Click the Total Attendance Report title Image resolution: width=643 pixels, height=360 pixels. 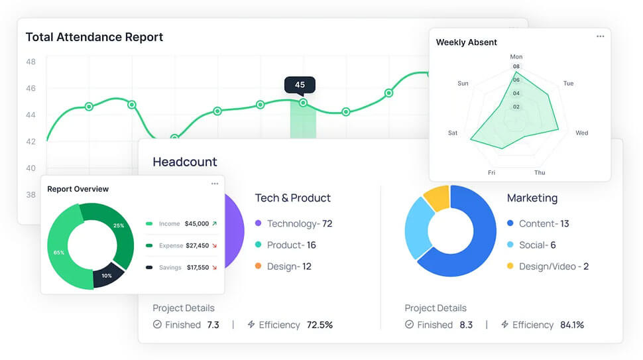94,37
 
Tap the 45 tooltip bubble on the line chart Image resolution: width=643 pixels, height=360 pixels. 300,85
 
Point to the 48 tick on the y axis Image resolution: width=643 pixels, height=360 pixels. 31,62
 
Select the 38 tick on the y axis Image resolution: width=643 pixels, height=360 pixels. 31,195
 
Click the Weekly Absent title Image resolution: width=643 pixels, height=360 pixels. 466,42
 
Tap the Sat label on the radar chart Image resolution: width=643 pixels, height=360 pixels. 452,133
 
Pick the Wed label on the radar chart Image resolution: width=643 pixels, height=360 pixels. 581,133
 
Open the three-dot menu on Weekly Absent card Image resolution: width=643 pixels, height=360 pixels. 600,36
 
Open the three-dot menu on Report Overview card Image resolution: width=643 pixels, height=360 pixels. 214,184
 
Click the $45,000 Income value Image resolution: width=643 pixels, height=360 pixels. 196,224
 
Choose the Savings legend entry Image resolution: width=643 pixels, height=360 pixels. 170,268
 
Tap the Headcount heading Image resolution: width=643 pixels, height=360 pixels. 185,162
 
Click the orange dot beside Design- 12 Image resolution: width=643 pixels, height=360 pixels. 258,267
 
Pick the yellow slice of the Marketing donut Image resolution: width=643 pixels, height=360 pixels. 437,198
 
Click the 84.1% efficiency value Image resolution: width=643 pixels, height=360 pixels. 572,325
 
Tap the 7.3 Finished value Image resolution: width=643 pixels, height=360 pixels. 213,325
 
